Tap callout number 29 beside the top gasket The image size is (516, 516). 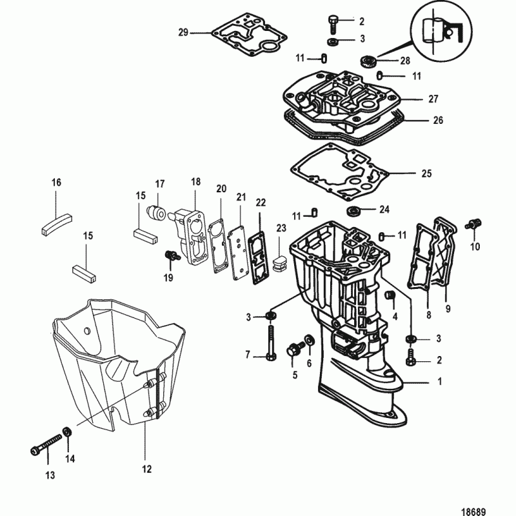click(183, 32)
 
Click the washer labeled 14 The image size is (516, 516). click(67, 432)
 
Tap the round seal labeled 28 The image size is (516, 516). click(370, 61)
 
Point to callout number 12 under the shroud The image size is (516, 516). click(146, 469)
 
